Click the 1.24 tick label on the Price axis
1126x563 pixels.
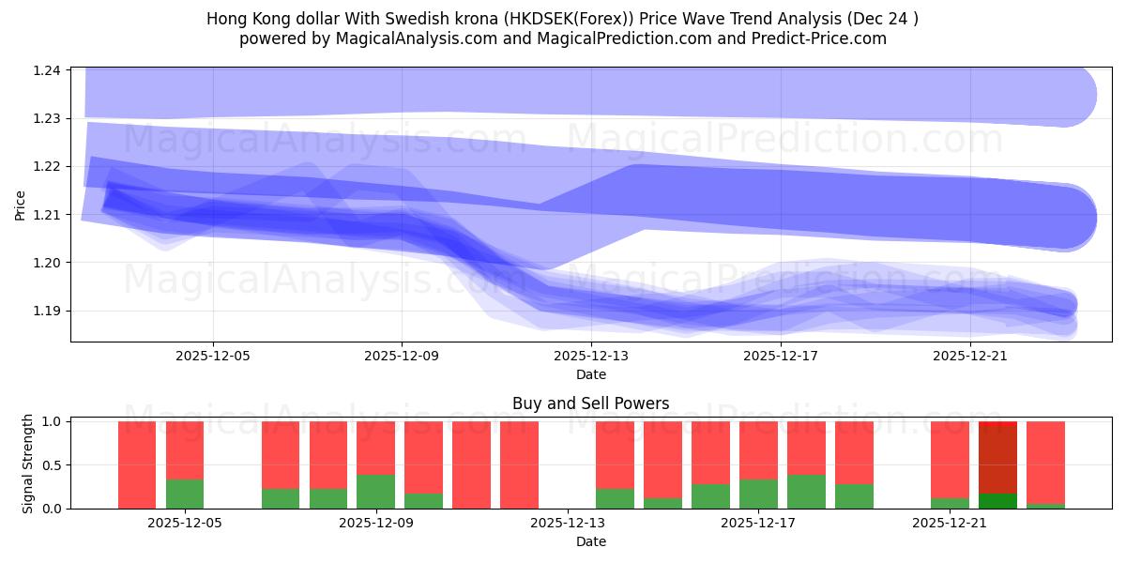(x=48, y=71)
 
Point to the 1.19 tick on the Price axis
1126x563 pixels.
(x=48, y=311)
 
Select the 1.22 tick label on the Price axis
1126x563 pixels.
(x=48, y=167)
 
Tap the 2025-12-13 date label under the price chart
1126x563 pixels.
(x=591, y=357)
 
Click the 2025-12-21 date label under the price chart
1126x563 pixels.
(x=969, y=357)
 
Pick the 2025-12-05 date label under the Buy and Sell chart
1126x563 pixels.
(x=185, y=523)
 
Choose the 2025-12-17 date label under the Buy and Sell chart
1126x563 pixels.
(x=758, y=523)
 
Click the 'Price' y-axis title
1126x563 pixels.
(x=21, y=205)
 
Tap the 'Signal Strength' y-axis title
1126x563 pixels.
(x=28, y=464)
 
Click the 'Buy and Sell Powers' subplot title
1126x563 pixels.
(x=590, y=404)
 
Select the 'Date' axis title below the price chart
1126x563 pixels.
(x=590, y=374)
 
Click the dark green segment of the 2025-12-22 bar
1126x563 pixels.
(x=997, y=500)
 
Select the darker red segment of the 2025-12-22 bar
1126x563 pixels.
(x=997, y=460)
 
